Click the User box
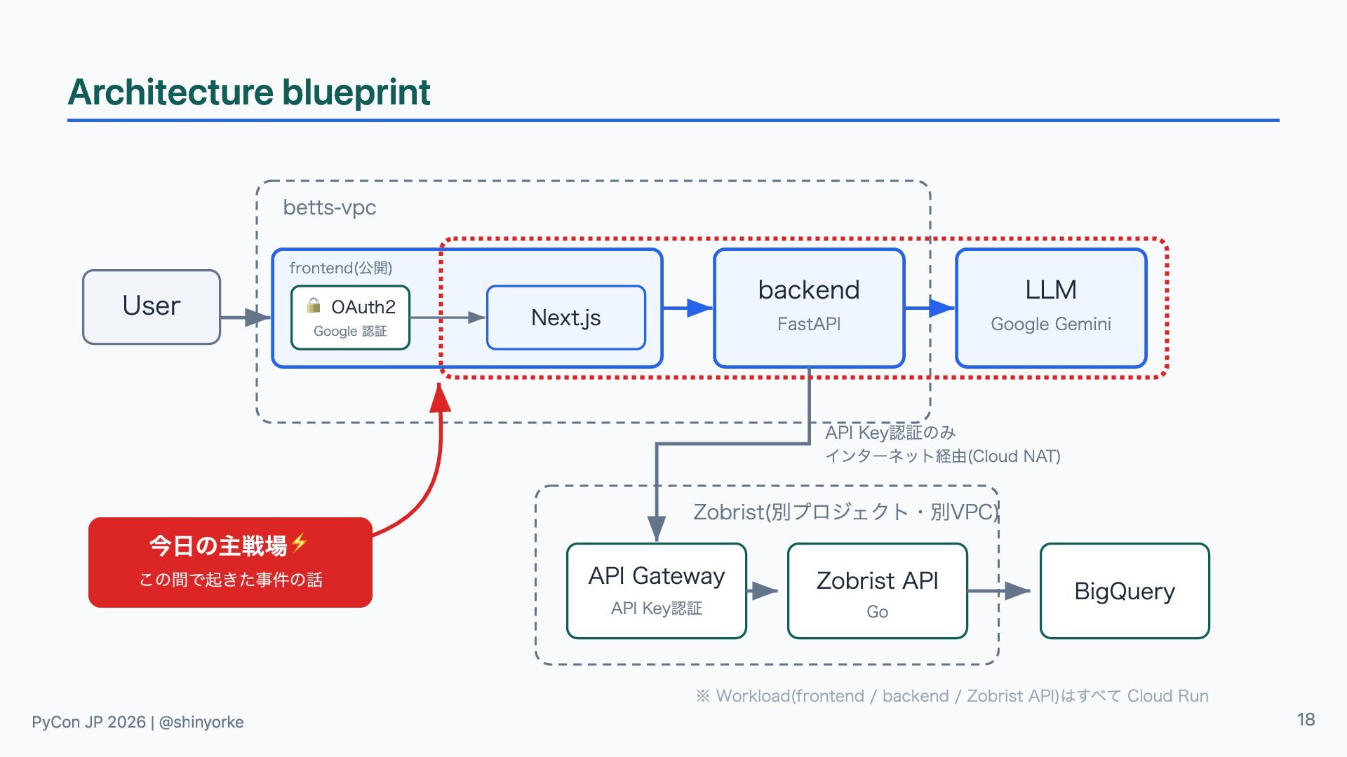point(152,307)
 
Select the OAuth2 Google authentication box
point(350,318)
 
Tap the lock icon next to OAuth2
point(314,305)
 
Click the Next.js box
point(566,318)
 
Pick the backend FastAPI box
point(809,308)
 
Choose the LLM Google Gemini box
point(1051,308)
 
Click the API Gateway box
point(657,591)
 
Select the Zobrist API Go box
point(878,591)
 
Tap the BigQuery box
point(1125,591)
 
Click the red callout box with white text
point(230,562)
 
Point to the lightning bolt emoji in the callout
point(300,543)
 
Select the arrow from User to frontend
point(246,318)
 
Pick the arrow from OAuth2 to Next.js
point(448,318)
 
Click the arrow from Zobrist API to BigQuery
point(999,591)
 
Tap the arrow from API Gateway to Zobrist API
point(763,591)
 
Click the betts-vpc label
point(330,207)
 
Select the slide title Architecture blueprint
point(249,92)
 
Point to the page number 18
point(1306,720)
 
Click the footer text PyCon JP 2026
point(88,722)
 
